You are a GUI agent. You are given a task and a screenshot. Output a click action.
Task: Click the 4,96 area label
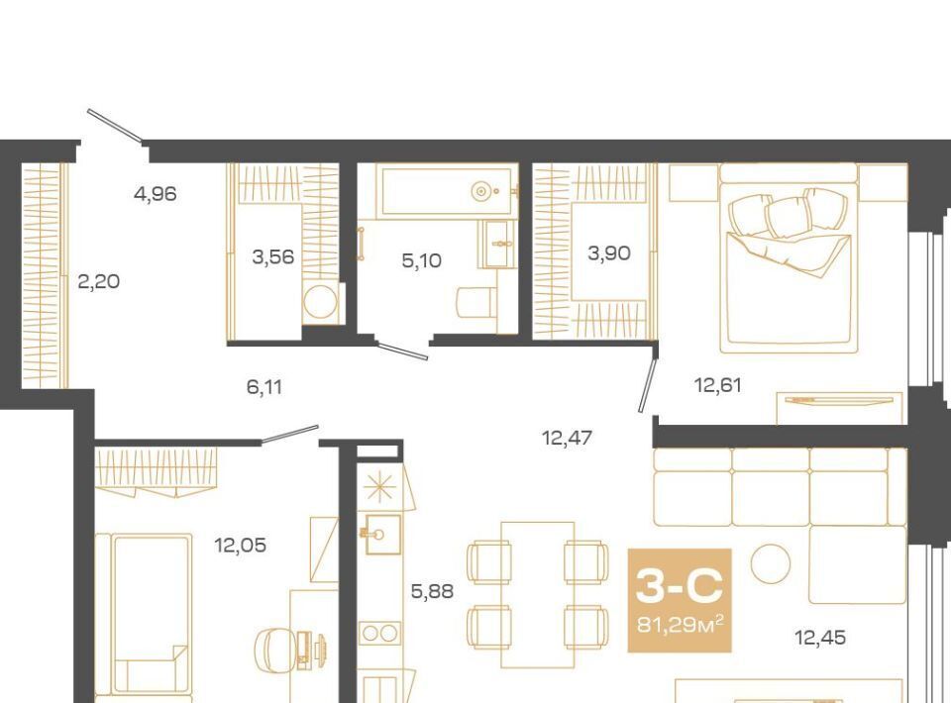[156, 194]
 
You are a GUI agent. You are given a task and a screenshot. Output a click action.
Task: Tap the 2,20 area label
[99, 282]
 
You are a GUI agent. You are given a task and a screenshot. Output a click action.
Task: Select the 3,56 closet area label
[273, 257]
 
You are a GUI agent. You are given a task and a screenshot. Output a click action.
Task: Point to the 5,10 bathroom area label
[422, 261]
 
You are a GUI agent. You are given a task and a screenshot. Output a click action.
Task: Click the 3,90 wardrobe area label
[609, 253]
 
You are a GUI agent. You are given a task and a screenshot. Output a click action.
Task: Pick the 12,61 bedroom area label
[717, 385]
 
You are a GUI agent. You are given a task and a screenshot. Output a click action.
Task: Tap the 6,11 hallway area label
[264, 386]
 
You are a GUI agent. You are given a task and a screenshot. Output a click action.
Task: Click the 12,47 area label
[567, 438]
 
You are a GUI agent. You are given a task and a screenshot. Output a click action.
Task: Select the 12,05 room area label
[240, 546]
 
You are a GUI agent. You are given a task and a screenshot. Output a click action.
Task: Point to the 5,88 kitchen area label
[432, 591]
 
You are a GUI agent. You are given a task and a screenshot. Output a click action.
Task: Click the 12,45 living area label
[820, 638]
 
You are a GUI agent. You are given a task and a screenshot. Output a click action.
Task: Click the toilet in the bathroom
[476, 302]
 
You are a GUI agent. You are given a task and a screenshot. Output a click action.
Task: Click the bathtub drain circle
[480, 191]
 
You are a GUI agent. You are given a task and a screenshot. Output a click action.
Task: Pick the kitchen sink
[382, 534]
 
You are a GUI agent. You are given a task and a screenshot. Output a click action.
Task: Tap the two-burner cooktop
[379, 634]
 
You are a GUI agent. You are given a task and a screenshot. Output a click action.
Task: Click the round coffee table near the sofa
[771, 563]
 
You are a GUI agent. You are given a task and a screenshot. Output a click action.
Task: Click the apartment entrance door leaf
[115, 126]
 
